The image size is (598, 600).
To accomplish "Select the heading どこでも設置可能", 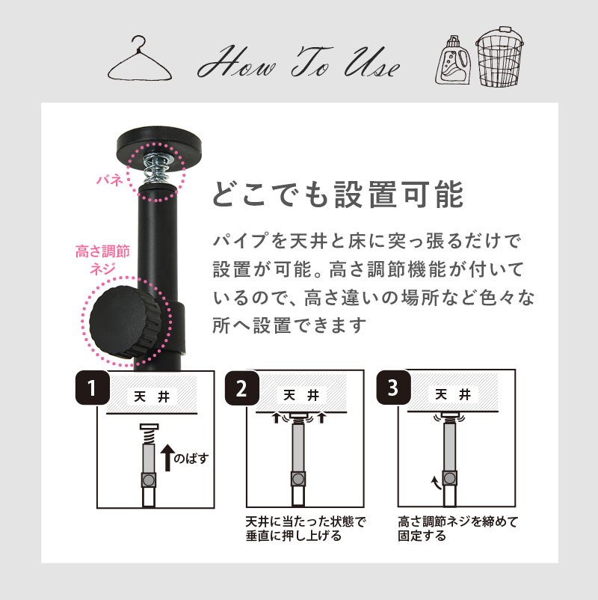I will [x=339, y=195].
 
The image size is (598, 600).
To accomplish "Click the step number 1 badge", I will [x=92, y=390].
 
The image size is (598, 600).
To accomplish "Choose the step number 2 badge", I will [x=241, y=389].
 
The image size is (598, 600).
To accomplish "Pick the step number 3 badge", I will [x=393, y=389].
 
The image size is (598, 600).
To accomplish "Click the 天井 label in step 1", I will [x=152, y=397].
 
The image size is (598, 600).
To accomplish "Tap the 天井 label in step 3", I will [x=452, y=394].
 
